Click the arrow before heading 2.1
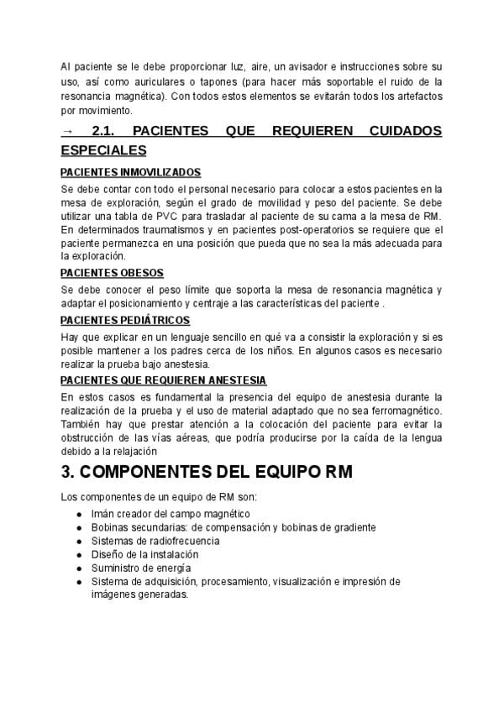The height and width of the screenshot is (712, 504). pos(68,133)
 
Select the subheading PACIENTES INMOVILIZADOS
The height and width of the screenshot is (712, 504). pos(131,172)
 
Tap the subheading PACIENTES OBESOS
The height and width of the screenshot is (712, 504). pos(112,273)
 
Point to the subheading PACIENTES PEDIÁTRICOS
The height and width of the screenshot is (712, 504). pos(125,320)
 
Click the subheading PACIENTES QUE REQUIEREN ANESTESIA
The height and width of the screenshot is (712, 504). pos(163,380)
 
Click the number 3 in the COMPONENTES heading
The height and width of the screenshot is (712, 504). pos(67,473)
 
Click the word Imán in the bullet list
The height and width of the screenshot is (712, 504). pos(103,514)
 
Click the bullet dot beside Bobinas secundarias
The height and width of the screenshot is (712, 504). pos(79,527)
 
